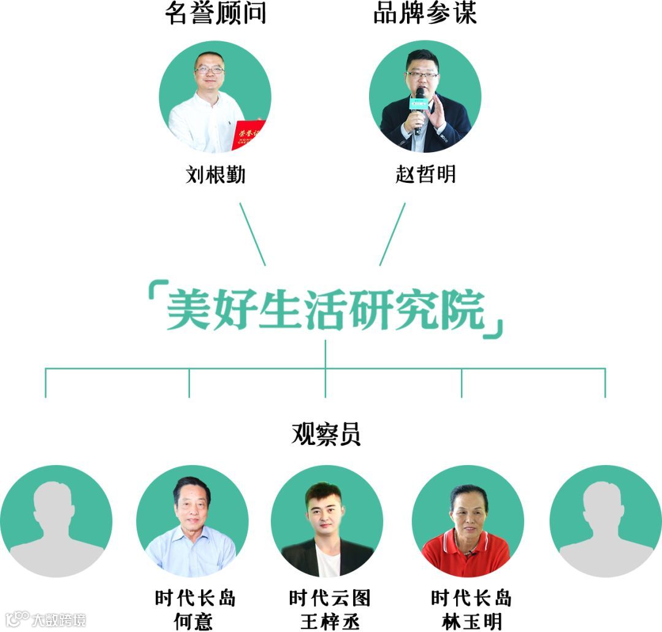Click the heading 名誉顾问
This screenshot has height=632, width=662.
click(x=215, y=13)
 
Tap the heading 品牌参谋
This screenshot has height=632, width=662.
click(x=424, y=13)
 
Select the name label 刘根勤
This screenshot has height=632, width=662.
click(x=215, y=175)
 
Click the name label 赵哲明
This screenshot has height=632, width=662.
click(x=425, y=175)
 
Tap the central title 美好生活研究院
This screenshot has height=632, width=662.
click(x=325, y=310)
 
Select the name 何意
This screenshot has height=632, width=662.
click(x=194, y=621)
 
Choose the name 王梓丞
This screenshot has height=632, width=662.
click(x=330, y=621)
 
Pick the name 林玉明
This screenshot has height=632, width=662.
click(x=471, y=621)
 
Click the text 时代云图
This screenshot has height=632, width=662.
click(x=330, y=598)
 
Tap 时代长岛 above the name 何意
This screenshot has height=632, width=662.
click(x=195, y=598)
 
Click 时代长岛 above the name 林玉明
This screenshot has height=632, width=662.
click(x=471, y=598)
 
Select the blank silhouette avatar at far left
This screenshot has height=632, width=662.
click(x=56, y=521)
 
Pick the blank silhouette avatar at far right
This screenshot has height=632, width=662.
click(x=606, y=521)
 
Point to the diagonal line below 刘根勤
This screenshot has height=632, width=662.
click(x=253, y=234)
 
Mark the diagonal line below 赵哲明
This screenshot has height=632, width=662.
click(x=392, y=234)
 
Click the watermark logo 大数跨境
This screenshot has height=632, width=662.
click(x=45, y=619)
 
